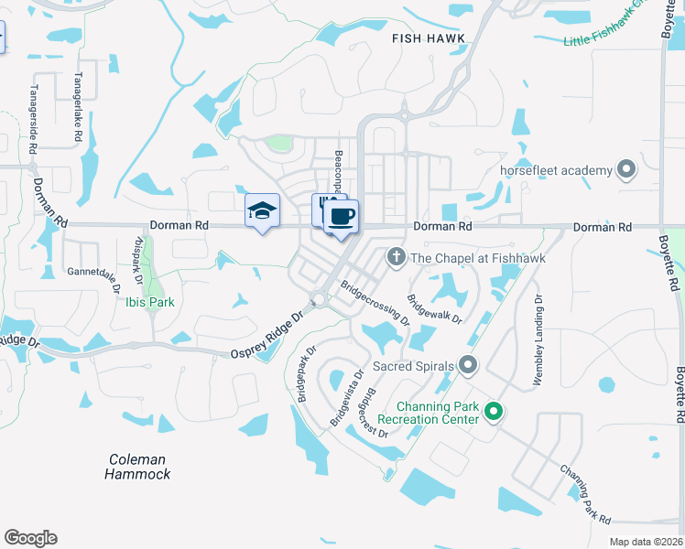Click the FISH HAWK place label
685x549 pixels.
[x=429, y=38]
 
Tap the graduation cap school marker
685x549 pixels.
[x=262, y=211]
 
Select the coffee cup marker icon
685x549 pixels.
[x=342, y=217]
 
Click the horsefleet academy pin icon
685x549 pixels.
[x=626, y=170]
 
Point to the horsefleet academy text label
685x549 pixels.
[x=555, y=171]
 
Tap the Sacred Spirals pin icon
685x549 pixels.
[x=468, y=367]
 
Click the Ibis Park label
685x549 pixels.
[x=149, y=302]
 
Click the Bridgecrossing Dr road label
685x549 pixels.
[x=375, y=302]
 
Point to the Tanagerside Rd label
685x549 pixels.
[x=34, y=119]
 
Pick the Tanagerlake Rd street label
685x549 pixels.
[x=80, y=105]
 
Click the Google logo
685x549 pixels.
[x=30, y=538]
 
